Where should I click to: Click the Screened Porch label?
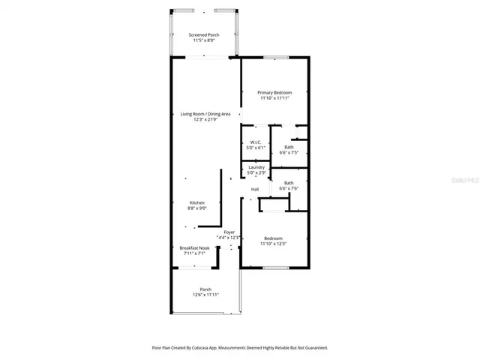coord(203,35)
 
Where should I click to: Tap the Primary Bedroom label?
coord(274,92)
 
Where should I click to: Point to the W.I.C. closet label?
coord(256,142)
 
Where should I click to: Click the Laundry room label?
coord(256,167)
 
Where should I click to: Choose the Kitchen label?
coord(196,202)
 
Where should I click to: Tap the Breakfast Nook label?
coord(193,247)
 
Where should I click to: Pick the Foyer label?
coord(229,232)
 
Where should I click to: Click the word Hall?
coord(255,189)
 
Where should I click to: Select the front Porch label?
coord(205,289)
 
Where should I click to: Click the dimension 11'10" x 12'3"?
coord(274,244)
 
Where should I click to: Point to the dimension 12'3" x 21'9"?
coord(205,119)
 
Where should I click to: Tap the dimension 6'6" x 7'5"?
coord(289,152)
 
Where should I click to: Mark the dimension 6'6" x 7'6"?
coord(289,188)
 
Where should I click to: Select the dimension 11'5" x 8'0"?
coord(203,41)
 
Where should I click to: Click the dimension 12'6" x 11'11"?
coord(205,295)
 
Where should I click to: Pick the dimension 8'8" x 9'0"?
coord(196,208)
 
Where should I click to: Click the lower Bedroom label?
coord(273,238)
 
